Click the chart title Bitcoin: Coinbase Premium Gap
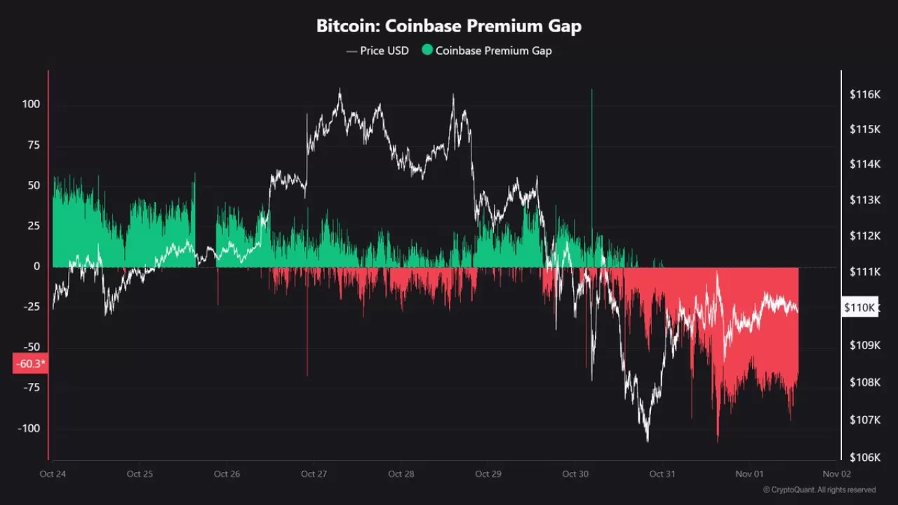(x=449, y=27)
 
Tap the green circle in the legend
(x=427, y=50)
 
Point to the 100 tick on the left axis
(x=31, y=105)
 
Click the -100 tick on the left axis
(x=29, y=429)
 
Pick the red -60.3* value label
(x=29, y=364)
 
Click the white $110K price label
(x=859, y=307)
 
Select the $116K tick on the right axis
(x=864, y=94)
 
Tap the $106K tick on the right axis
(x=864, y=457)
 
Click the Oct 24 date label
(x=53, y=474)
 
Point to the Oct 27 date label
(x=314, y=474)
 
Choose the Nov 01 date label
(x=749, y=474)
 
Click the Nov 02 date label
(x=836, y=474)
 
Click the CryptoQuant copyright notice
(x=819, y=490)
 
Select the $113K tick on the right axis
(x=864, y=200)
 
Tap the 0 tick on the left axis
(x=36, y=267)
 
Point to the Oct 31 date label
(x=662, y=474)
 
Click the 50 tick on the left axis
(x=34, y=185)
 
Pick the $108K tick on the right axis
(x=864, y=382)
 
